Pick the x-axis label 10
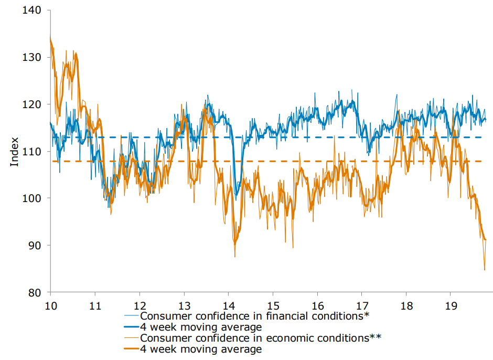click(x=51, y=305)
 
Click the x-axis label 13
click(x=184, y=305)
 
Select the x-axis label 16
click(x=317, y=305)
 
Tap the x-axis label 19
click(x=451, y=305)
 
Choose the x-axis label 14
click(x=229, y=305)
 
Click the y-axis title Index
click(x=15, y=152)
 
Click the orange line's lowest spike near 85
click(x=485, y=270)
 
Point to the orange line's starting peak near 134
click(x=50, y=38)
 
